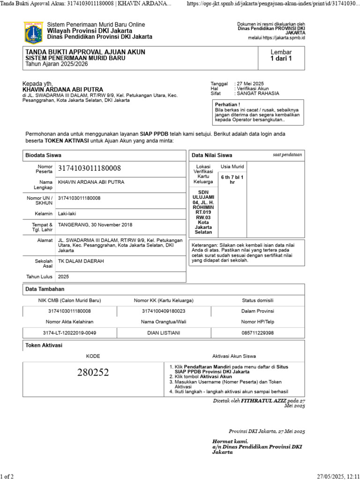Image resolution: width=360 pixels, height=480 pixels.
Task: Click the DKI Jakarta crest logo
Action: (33, 32)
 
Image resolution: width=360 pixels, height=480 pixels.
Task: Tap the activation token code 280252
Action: (93, 373)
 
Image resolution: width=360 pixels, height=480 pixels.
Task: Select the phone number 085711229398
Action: (257, 333)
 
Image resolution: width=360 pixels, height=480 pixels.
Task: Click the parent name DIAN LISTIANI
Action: (164, 333)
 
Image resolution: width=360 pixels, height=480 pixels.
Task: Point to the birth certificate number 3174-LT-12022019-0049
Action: (69, 333)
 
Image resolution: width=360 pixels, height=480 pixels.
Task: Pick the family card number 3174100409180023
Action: (164, 311)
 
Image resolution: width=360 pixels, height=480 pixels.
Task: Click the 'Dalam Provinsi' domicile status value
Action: (257, 311)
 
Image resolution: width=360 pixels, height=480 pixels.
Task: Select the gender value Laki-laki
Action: (67, 214)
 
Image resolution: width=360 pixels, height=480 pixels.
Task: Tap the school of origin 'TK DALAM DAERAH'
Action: (81, 261)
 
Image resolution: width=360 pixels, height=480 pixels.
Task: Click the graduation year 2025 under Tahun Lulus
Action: (63, 277)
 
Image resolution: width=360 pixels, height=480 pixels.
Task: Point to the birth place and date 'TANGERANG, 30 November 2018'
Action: (95, 225)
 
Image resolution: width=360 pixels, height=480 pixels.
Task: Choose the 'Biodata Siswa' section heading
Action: (43, 155)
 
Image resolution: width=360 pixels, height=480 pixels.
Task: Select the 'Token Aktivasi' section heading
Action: (44, 345)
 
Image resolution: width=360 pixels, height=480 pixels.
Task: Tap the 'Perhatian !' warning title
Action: (228, 105)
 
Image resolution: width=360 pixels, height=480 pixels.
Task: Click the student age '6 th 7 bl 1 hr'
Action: (232, 180)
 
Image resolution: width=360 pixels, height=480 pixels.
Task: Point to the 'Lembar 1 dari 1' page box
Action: (281, 55)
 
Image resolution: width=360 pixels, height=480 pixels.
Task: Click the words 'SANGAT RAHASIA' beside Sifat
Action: (258, 93)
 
